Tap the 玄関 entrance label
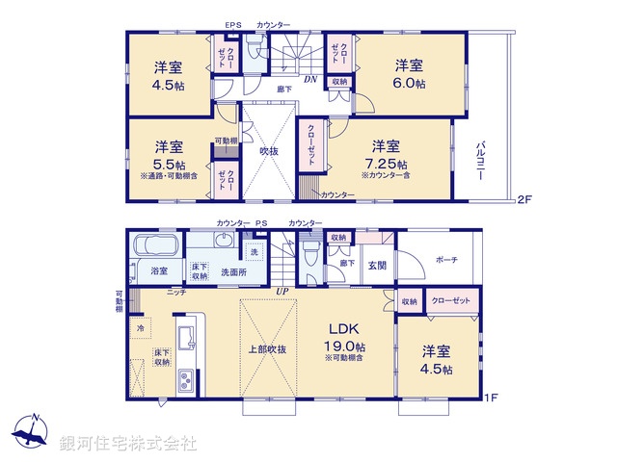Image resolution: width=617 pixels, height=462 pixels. coord(376,266)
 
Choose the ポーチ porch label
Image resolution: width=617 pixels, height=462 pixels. coord(446,260)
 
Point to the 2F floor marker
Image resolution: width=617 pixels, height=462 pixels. coord(523,200)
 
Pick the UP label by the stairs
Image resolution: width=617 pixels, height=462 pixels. coord(282,291)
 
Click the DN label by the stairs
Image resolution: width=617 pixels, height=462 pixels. coord(311,81)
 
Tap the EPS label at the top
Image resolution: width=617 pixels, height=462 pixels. coord(232,25)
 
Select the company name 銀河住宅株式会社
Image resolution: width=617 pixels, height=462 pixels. coord(128,444)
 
